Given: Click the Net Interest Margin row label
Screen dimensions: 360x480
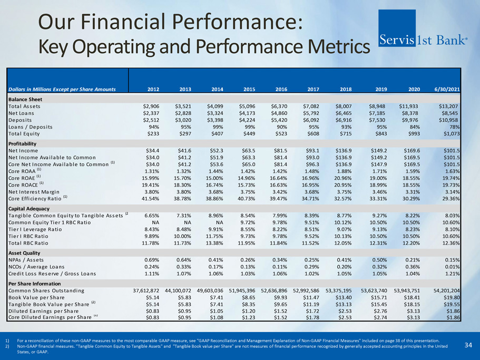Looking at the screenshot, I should [x=36, y=191].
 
